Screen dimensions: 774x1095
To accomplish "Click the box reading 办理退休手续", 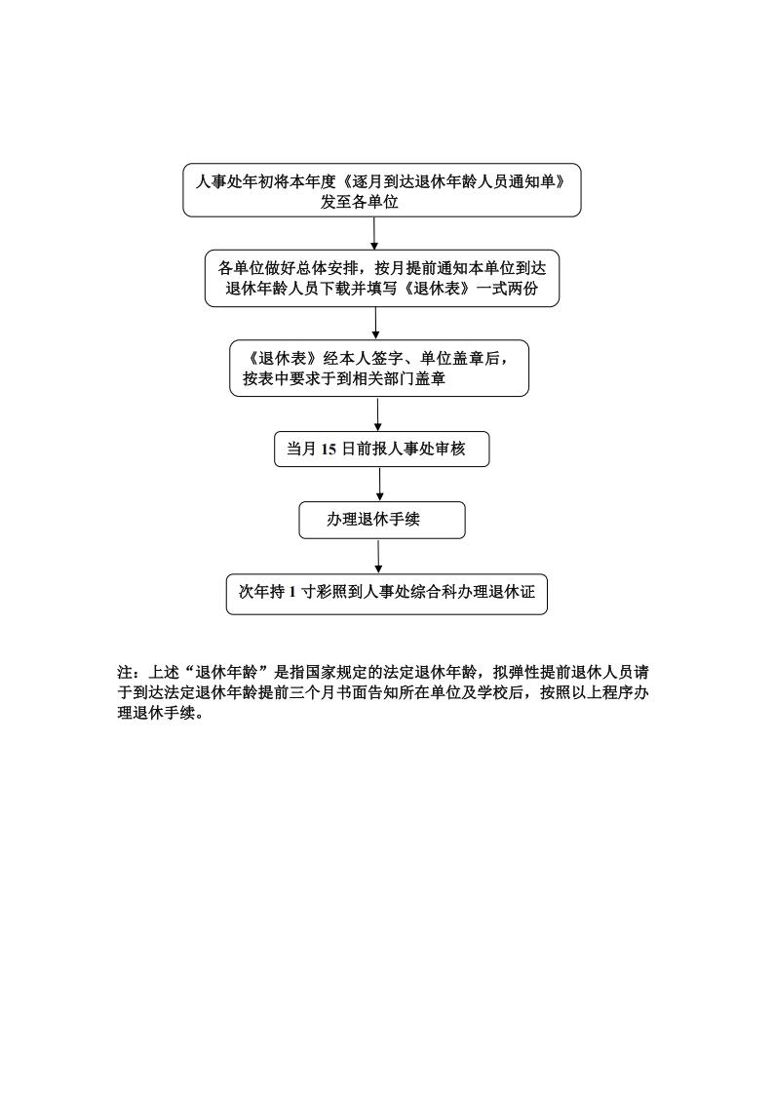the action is [382, 520].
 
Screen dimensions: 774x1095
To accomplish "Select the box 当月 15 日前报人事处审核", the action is [382, 450].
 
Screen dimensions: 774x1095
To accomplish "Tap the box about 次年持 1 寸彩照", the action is [387, 594].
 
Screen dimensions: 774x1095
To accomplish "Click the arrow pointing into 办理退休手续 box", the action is [379, 484].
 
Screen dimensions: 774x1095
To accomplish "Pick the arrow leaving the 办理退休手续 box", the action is [378, 557].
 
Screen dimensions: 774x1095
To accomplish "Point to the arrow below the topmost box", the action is [374, 233].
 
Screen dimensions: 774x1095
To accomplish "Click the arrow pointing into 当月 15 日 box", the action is [377, 414].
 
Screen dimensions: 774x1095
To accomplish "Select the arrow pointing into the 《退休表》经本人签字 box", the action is [375, 324].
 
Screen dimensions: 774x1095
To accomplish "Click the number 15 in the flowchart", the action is [329, 450].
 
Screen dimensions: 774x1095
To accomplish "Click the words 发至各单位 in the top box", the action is [360, 203].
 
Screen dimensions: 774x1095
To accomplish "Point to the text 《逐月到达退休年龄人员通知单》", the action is [453, 182].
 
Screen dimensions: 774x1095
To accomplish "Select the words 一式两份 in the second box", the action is [508, 289].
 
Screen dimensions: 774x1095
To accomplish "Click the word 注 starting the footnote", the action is [125, 673].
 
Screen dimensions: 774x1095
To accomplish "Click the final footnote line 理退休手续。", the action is [161, 715].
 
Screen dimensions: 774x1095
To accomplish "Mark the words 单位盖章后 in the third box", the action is [460, 358].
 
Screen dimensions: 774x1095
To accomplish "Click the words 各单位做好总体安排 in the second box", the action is [289, 268].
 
